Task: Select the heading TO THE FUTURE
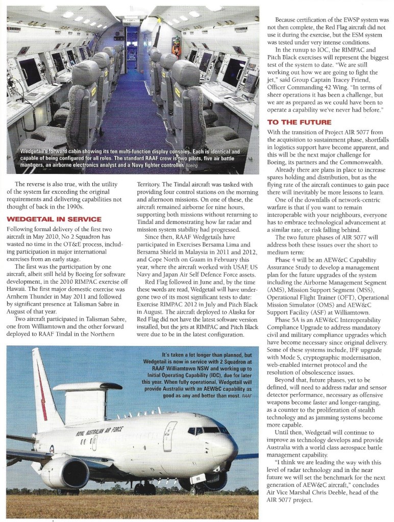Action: click(299, 122)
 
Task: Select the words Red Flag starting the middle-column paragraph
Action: click(156, 282)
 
